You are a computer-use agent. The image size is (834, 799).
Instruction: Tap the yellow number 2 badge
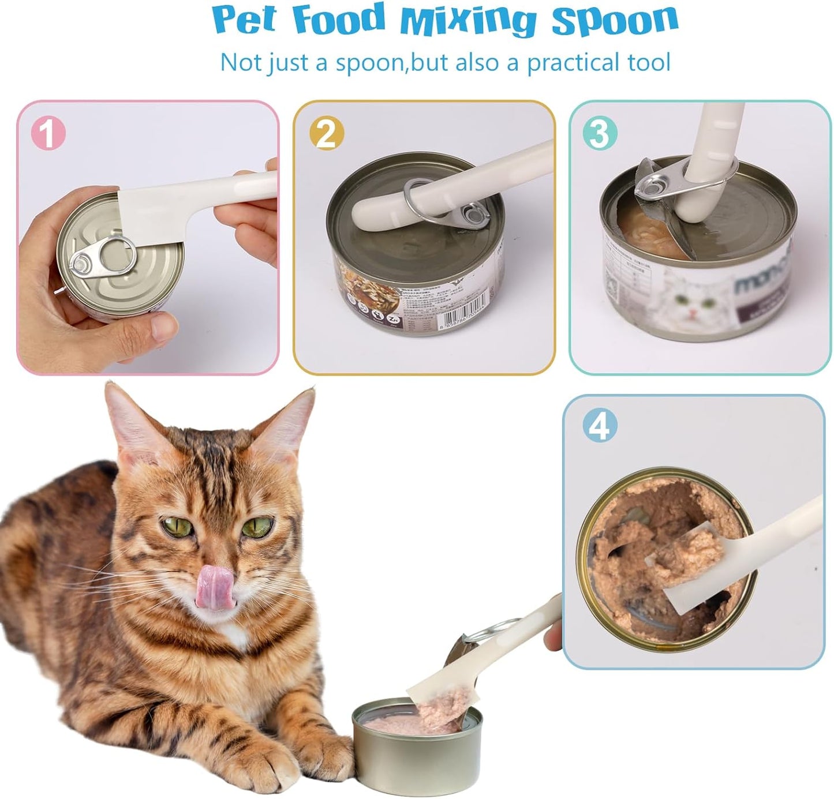[326, 134]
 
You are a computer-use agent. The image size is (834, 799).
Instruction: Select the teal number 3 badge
[600, 133]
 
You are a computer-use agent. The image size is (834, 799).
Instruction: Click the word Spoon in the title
[614, 20]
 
